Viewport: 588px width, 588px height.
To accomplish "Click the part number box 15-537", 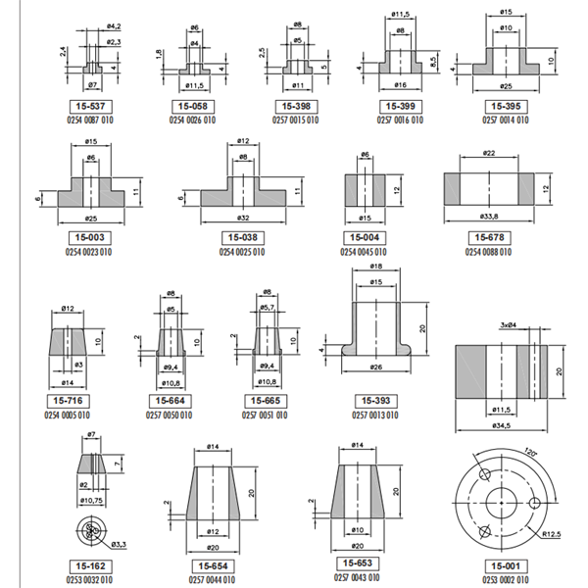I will tap(93, 105).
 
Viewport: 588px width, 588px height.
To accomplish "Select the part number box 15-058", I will tap(193, 105).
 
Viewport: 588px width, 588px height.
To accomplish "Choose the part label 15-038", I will tap(242, 237).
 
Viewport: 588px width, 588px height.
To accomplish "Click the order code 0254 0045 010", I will tap(364, 252).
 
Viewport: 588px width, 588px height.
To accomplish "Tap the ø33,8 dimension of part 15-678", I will tap(489, 217).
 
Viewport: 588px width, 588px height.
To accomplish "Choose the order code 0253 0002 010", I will tap(503, 580).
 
